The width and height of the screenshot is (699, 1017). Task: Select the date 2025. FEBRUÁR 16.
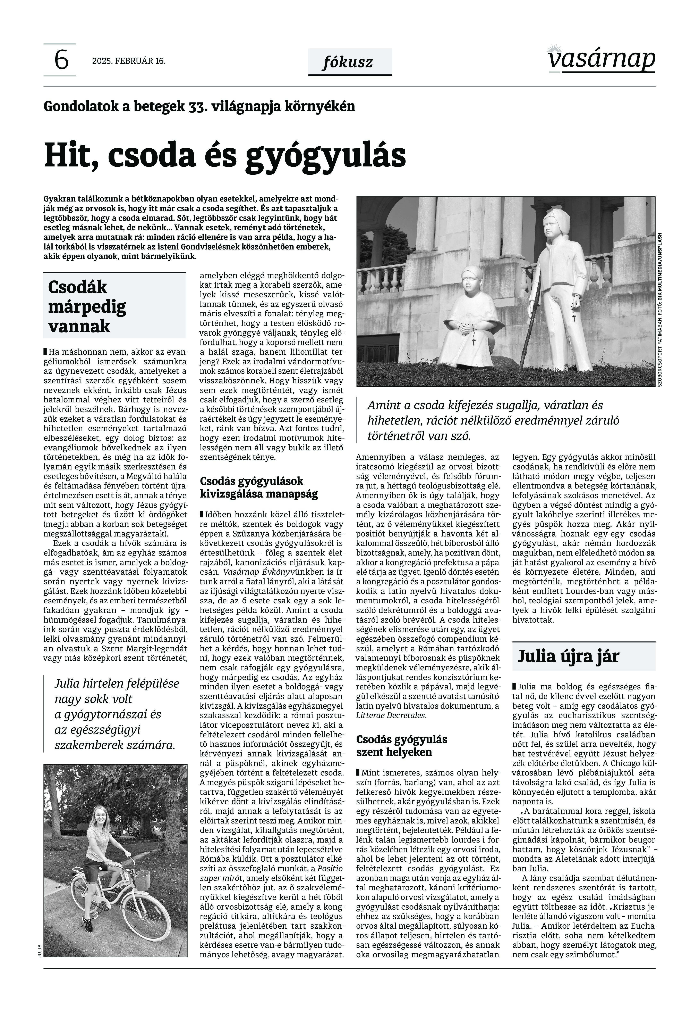[129, 61]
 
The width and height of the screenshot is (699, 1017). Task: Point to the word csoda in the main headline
[151, 156]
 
